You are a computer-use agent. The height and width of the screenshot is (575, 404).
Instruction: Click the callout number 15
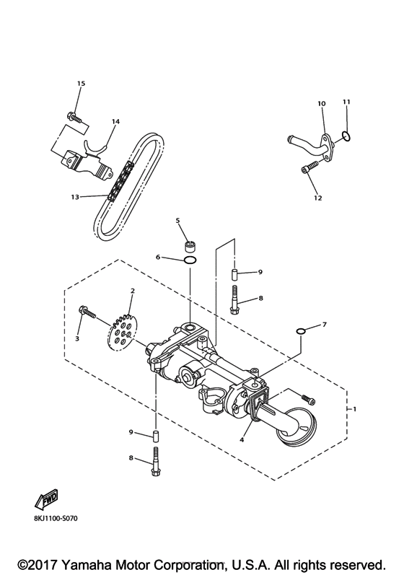click(x=81, y=84)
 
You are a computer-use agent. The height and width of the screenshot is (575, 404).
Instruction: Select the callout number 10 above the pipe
click(x=322, y=104)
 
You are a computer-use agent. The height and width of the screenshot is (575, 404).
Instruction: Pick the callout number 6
click(x=157, y=257)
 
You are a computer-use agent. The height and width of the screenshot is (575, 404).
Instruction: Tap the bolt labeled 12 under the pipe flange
click(x=307, y=169)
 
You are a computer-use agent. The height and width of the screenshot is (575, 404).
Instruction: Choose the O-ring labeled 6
click(x=190, y=260)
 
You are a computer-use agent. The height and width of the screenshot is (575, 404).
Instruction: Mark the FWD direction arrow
click(x=45, y=497)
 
